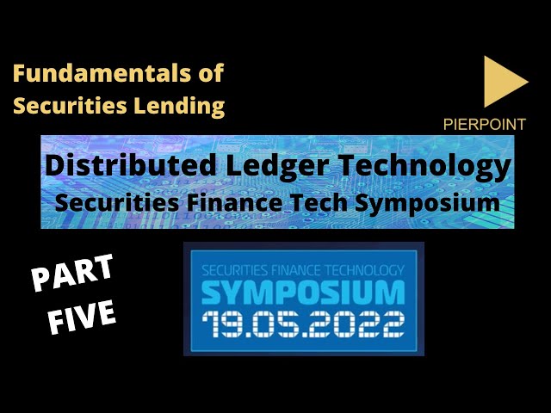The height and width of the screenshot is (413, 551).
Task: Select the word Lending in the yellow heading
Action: point(179,105)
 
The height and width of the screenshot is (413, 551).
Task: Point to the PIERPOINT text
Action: point(485,124)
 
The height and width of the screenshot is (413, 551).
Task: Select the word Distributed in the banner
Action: point(130,165)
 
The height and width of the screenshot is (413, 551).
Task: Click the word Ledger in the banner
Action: point(277,167)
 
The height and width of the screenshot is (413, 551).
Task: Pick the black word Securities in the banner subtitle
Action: point(116,203)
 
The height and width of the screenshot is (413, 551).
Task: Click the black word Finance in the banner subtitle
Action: point(234,203)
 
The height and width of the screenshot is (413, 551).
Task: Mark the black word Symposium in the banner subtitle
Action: point(427,204)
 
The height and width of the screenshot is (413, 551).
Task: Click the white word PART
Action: point(72,273)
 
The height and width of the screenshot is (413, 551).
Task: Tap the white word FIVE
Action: point(82,317)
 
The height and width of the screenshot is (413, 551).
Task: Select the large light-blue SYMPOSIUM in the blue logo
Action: point(303,293)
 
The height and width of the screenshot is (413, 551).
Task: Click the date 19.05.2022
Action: point(303,324)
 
